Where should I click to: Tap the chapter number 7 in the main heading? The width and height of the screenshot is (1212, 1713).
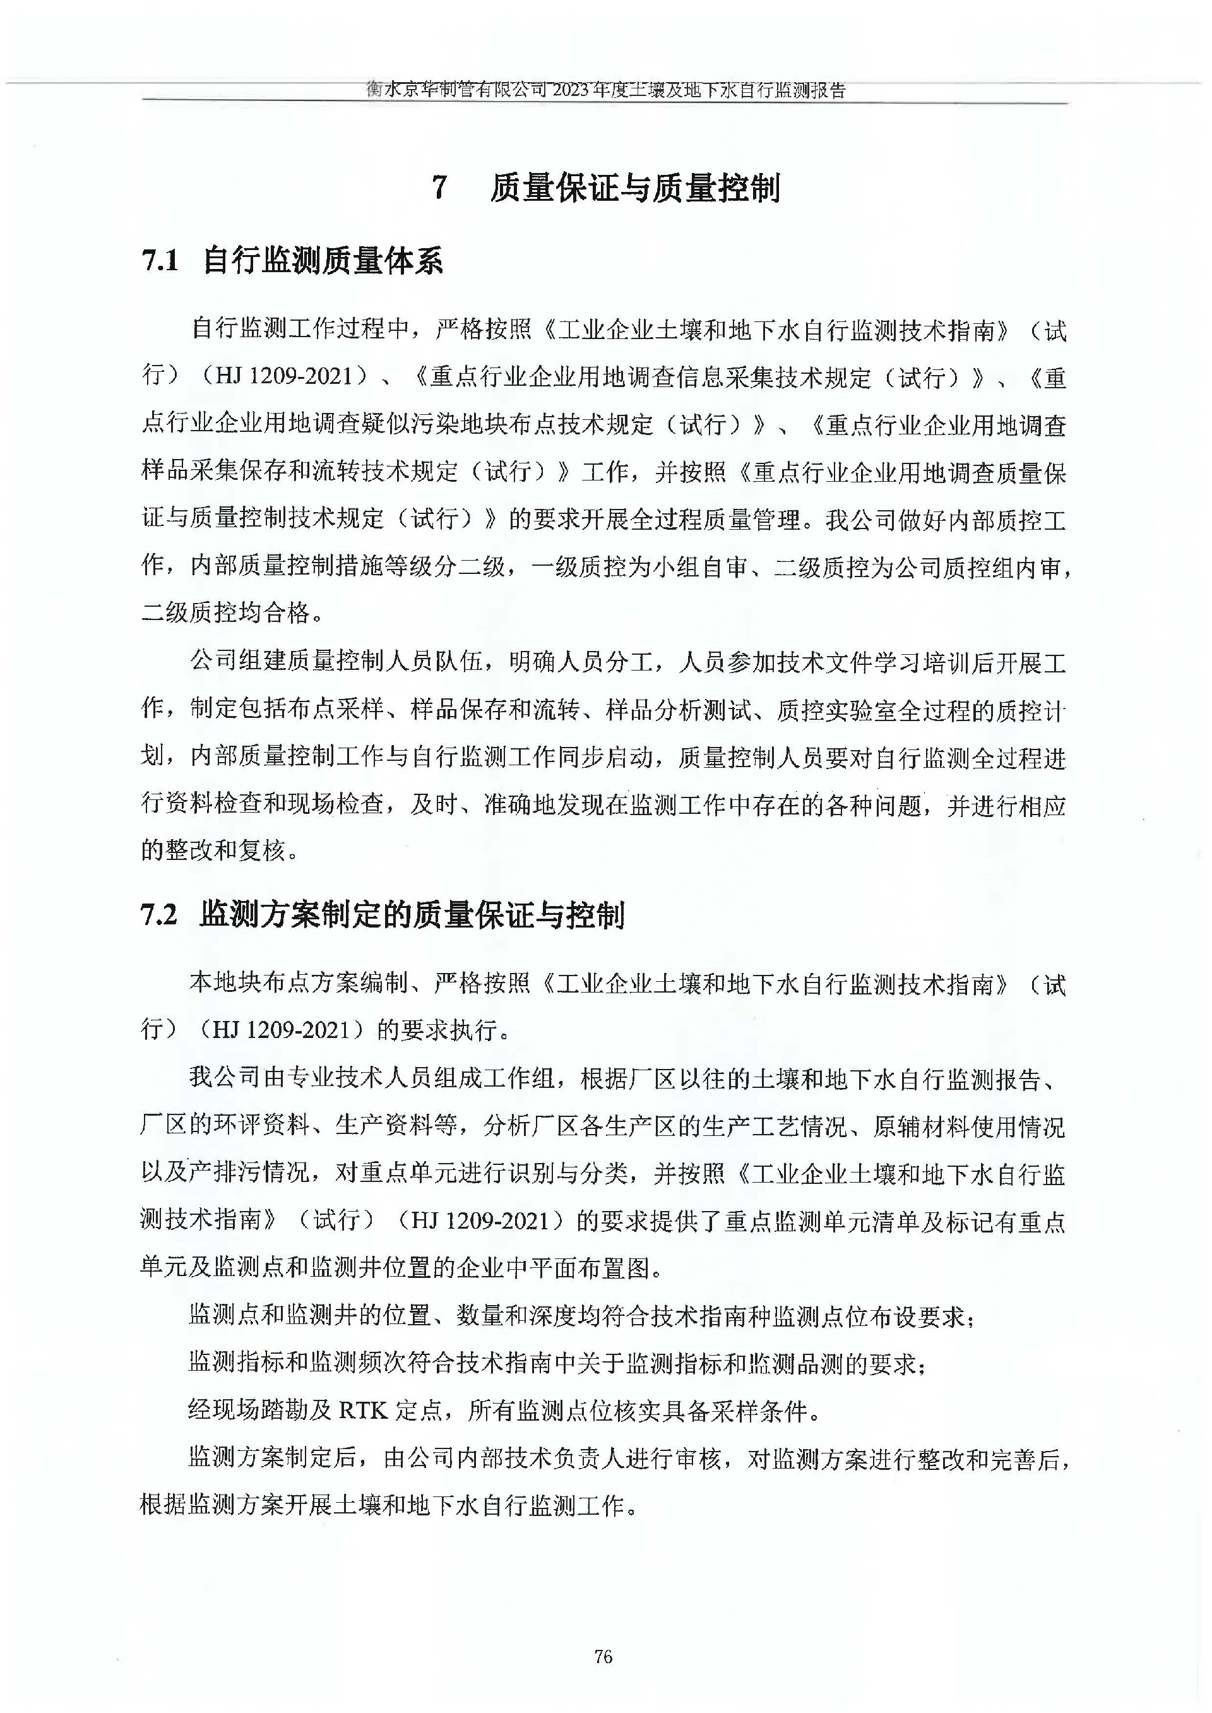(441, 188)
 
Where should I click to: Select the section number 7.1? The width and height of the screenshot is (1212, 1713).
(160, 261)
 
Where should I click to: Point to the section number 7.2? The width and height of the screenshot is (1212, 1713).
(160, 915)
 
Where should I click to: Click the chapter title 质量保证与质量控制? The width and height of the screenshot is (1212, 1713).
(635, 188)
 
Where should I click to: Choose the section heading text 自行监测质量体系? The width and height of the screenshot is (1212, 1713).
(323, 261)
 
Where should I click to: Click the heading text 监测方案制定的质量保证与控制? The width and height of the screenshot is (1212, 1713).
(412, 915)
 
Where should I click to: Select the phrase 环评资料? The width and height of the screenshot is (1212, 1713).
(261, 1126)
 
